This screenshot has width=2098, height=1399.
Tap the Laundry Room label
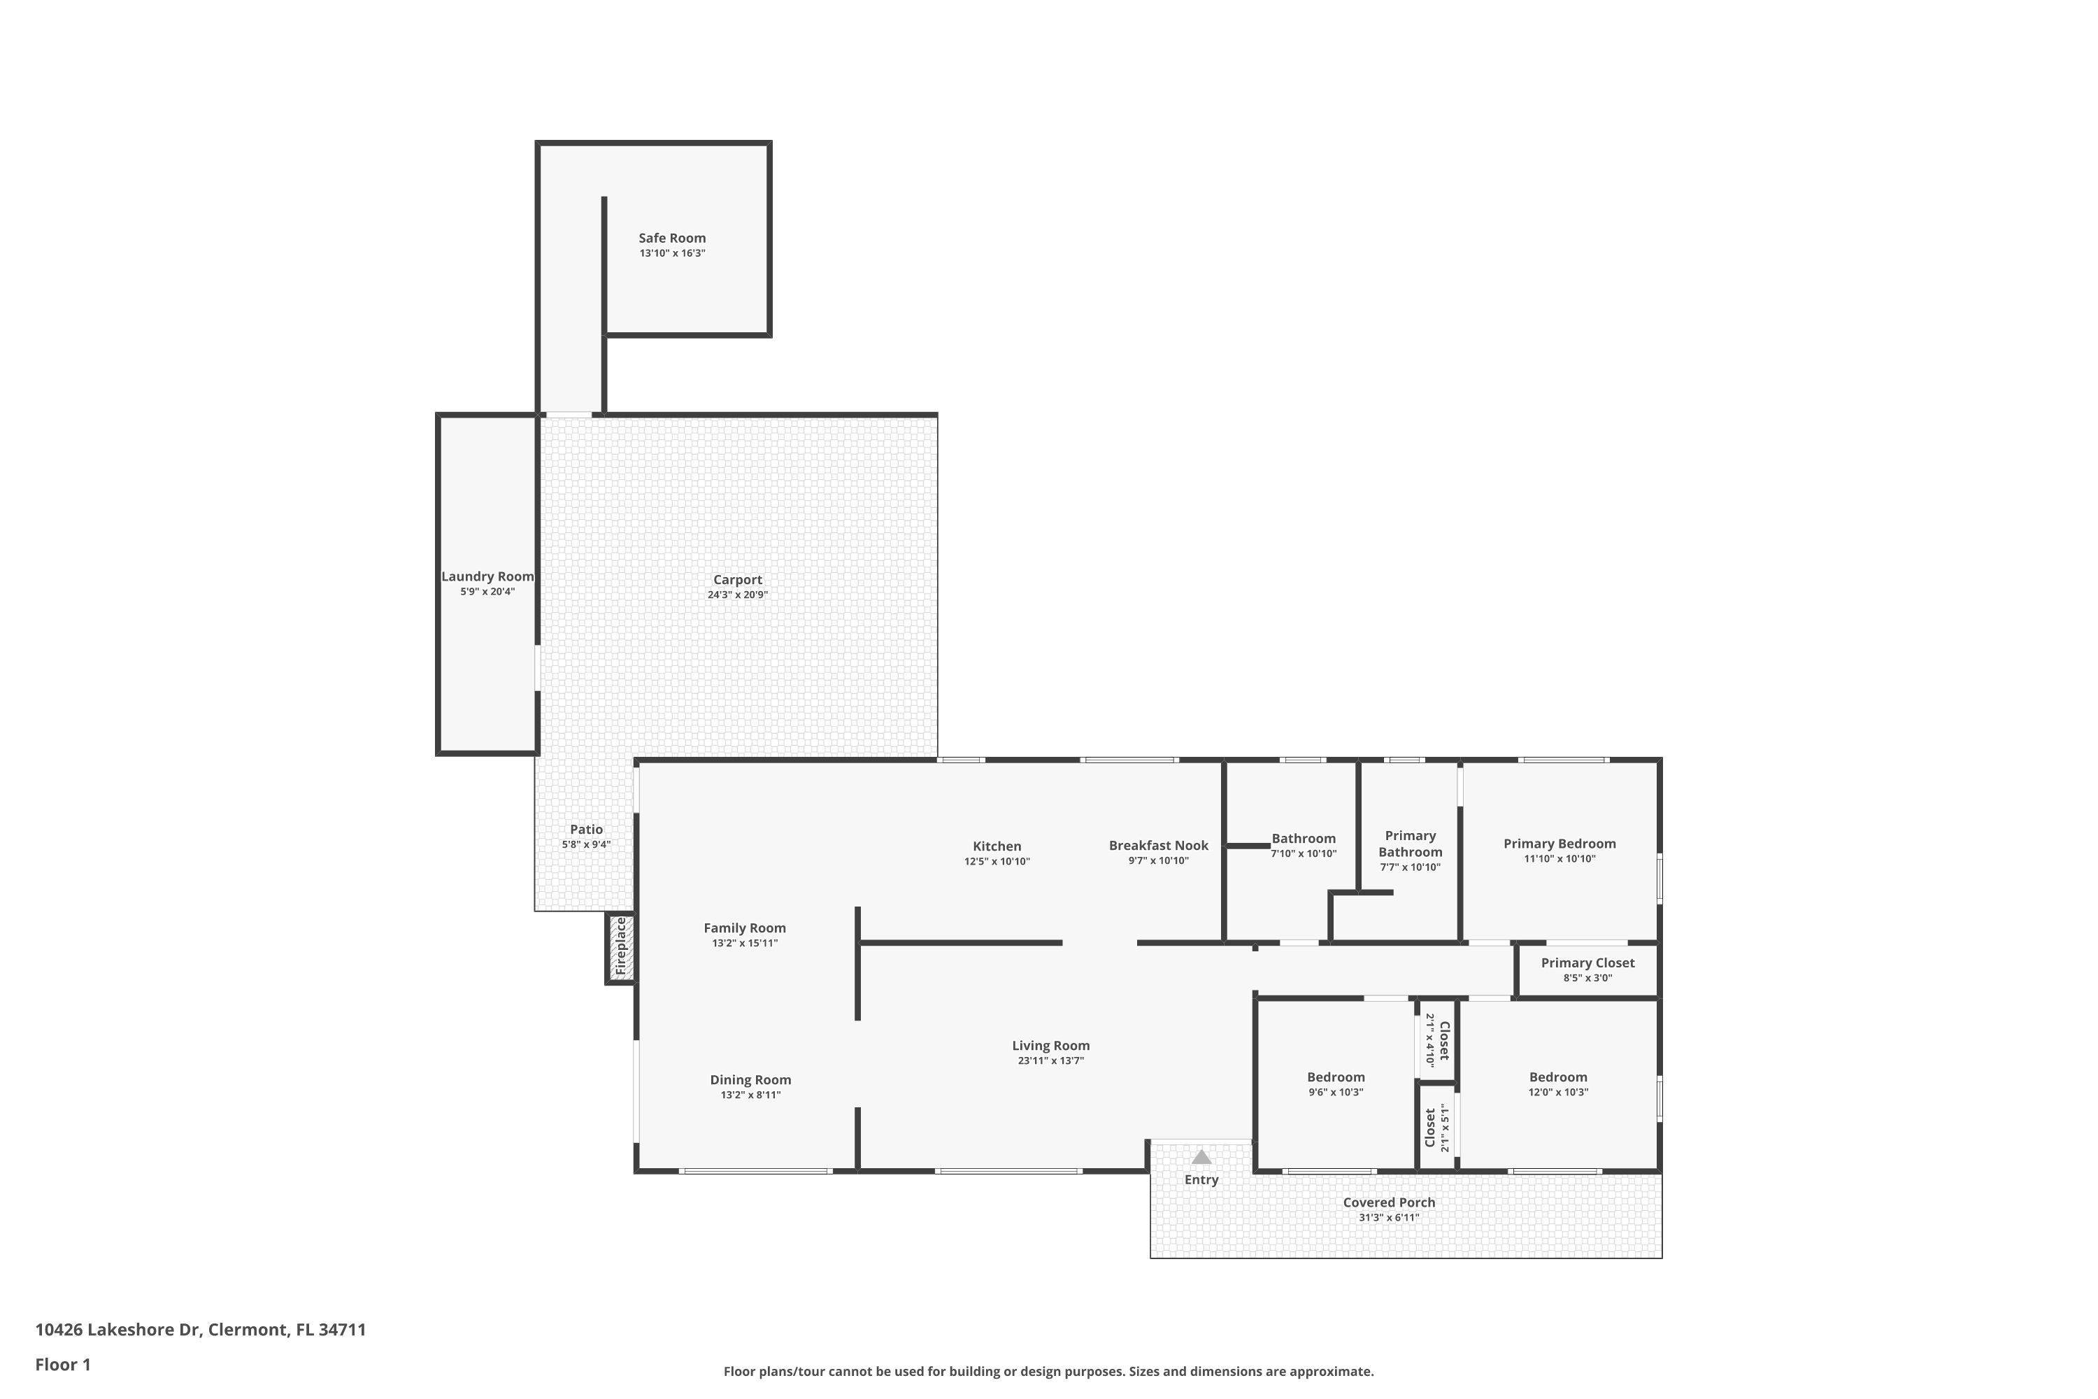point(488,576)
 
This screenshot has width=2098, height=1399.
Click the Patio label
point(586,830)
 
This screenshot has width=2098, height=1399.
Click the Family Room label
point(745,928)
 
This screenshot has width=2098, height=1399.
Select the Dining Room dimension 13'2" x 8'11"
point(751,1095)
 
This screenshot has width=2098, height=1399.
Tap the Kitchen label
point(997,846)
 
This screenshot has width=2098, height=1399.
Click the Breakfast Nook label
point(1159,846)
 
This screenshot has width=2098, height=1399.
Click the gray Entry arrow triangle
point(1201,1157)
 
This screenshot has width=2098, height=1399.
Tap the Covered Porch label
point(1390,1202)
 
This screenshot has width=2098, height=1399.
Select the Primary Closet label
point(1587,963)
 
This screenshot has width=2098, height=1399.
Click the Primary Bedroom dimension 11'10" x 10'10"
point(1560,859)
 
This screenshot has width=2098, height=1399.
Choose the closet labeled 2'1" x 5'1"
point(1437,1128)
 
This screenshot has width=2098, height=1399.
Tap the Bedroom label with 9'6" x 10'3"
point(1336,1077)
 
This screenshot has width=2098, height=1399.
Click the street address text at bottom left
point(201,1330)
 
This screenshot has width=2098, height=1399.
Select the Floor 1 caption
point(64,1364)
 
